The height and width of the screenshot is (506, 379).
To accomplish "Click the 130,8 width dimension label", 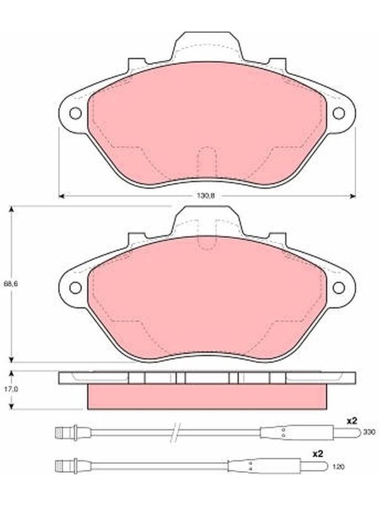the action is click(206, 196).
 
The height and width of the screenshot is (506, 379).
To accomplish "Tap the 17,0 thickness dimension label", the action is click(11, 390).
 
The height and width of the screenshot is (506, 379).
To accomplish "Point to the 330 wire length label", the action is click(369, 432).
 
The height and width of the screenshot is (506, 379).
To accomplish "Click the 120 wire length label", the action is click(338, 467).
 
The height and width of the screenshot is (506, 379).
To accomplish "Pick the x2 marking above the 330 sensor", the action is click(352, 421).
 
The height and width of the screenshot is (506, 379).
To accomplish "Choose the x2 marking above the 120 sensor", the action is click(318, 454).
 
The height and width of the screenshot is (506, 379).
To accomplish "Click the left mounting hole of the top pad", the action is click(75, 113).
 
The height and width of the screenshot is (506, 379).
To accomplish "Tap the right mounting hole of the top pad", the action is click(339, 113).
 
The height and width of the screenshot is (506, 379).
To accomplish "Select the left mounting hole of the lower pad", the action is click(75, 288).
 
